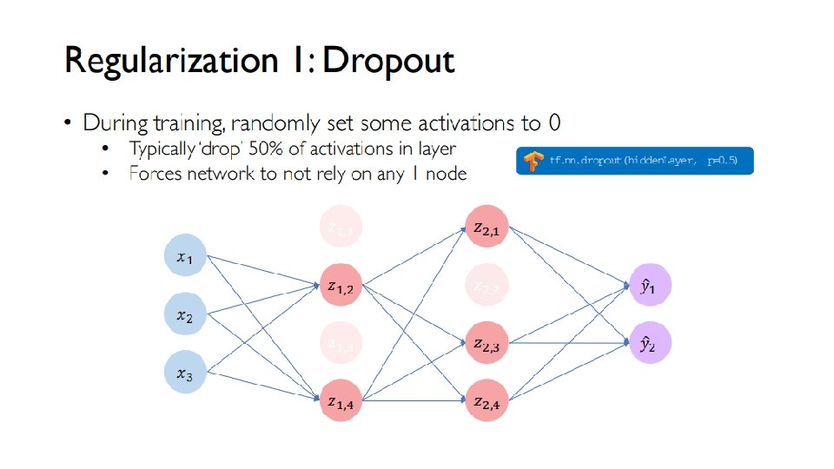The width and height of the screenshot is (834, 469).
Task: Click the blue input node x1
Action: click(186, 256)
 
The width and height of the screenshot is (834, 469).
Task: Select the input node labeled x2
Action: click(186, 315)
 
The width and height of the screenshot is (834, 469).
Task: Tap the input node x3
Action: click(186, 373)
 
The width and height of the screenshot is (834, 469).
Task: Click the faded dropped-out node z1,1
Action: click(340, 228)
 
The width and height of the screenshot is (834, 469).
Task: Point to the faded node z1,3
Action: click(340, 343)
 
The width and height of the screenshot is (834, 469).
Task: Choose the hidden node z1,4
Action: click(340, 400)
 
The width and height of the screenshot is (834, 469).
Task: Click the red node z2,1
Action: click(486, 228)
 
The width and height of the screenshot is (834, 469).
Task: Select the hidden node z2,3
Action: click(486, 343)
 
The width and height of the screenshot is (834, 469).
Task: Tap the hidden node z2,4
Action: click(486, 400)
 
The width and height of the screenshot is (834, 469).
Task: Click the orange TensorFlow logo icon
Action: click(533, 161)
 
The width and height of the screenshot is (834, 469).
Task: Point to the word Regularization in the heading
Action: click(160, 63)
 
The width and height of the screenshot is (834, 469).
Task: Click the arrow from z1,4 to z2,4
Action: click(413, 400)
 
